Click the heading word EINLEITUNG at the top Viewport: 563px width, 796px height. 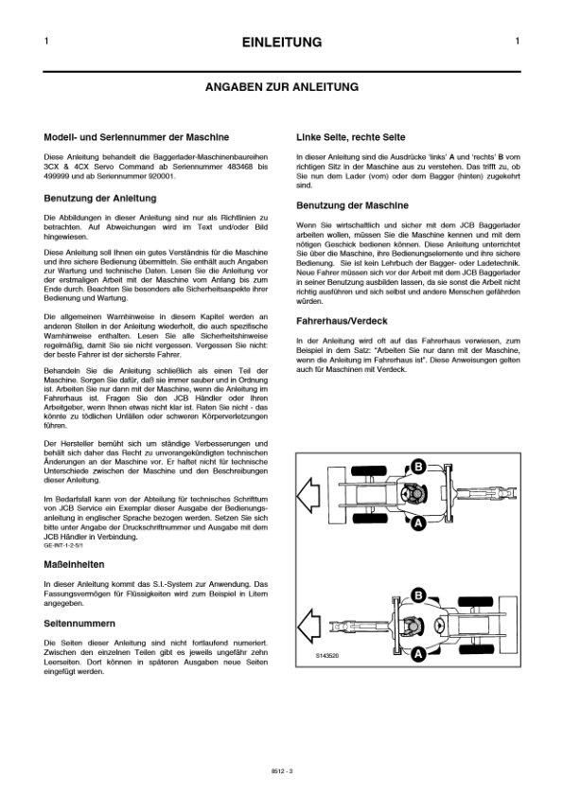click(282, 43)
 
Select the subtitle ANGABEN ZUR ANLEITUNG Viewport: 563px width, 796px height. click(282, 86)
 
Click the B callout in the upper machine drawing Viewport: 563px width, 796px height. click(416, 465)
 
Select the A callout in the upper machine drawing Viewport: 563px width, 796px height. click(416, 521)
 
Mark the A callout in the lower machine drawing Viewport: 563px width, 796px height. click(416, 653)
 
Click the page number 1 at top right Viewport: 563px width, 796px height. click(518, 42)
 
